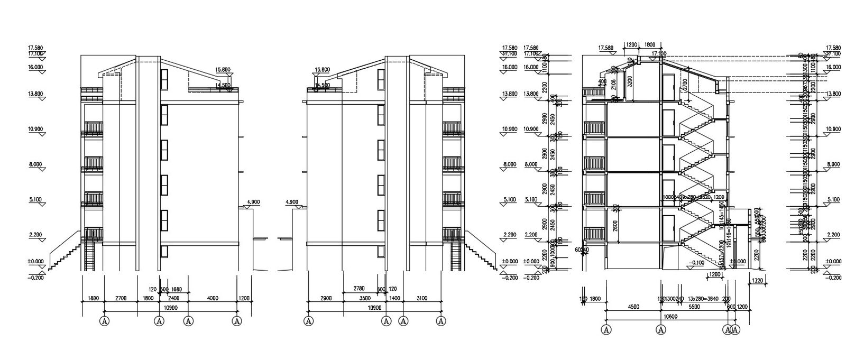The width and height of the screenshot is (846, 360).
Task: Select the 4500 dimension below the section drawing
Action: click(x=633, y=307)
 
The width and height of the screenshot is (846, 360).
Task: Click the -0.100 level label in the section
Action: click(x=697, y=262)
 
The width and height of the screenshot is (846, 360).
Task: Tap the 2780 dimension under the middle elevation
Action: click(x=358, y=289)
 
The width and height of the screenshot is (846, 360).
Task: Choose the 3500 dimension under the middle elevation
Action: click(x=365, y=298)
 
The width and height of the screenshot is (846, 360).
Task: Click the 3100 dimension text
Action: click(x=422, y=298)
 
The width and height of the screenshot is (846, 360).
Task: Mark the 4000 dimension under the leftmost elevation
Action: click(x=213, y=298)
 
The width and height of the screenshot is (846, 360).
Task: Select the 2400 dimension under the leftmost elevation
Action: click(x=173, y=298)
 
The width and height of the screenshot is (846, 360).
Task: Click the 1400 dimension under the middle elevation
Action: click(x=395, y=298)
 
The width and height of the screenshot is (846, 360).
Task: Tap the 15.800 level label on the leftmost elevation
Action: click(x=223, y=69)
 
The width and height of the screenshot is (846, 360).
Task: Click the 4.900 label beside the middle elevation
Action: click(x=292, y=201)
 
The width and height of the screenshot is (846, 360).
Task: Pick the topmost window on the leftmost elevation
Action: click(x=164, y=79)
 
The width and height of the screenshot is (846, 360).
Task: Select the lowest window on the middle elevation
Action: click(x=380, y=252)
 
